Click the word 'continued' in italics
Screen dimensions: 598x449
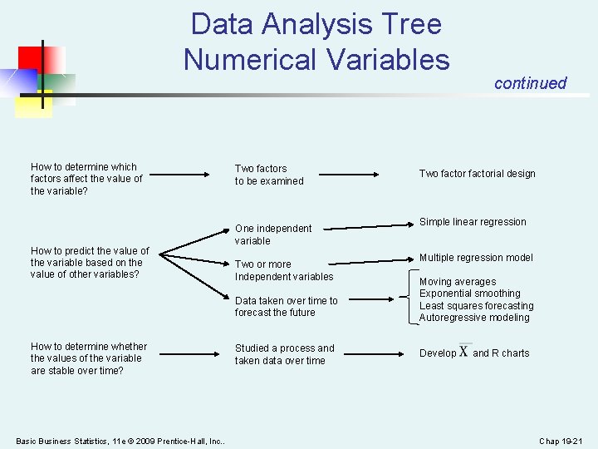530,83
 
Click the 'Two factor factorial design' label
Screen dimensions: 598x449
477,174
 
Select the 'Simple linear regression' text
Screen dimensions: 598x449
473,222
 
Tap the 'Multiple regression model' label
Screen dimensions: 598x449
476,258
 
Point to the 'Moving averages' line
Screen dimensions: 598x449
458,282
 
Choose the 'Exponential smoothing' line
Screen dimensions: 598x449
470,294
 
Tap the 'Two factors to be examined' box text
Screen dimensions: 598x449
269,175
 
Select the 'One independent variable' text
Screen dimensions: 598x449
273,234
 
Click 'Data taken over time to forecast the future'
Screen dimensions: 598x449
287,307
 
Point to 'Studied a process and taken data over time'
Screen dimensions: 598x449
285,354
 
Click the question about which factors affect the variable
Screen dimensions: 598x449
86,179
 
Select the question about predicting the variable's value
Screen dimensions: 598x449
90,263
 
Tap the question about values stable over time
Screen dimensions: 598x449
89,358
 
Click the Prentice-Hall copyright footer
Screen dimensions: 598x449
120,441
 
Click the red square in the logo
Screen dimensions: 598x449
38,59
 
